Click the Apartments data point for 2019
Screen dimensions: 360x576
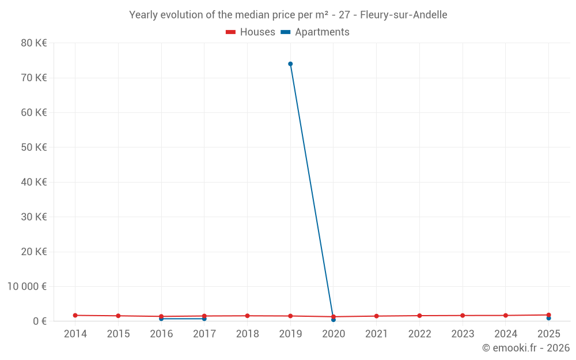pyautogui.click(x=290, y=64)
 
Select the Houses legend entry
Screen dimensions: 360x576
pyautogui.click(x=251, y=32)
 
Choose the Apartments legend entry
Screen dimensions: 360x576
pyautogui.click(x=315, y=32)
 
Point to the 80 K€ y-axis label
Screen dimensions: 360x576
pyautogui.click(x=34, y=43)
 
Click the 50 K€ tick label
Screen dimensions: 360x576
pyautogui.click(x=34, y=147)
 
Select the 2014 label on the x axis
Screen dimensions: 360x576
pyautogui.click(x=75, y=334)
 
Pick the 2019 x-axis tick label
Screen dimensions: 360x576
pyautogui.click(x=290, y=334)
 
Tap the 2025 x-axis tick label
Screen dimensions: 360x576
pyautogui.click(x=548, y=334)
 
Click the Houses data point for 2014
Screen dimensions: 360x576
pyautogui.click(x=75, y=315)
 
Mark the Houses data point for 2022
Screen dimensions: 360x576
pyautogui.click(x=419, y=316)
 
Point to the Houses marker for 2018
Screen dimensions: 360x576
pyautogui.click(x=247, y=316)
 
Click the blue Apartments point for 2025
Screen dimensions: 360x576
pyautogui.click(x=549, y=319)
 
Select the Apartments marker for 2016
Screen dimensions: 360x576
pyautogui.click(x=161, y=319)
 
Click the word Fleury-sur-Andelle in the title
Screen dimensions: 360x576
pyautogui.click(x=403, y=15)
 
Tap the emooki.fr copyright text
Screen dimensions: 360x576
pyautogui.click(x=526, y=348)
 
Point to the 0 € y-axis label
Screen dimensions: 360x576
pyautogui.click(x=40, y=321)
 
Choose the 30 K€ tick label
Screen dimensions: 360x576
pyautogui.click(x=34, y=217)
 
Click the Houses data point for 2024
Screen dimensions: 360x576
pyautogui.click(x=506, y=316)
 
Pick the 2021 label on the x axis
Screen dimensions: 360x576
pyautogui.click(x=376, y=334)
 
